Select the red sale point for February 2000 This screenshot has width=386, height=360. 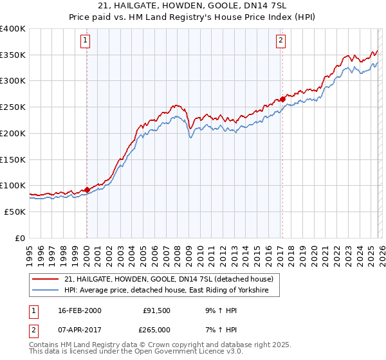[x=87, y=190]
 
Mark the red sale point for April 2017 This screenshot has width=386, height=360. [x=282, y=100]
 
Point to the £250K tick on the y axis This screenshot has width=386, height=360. [x=13, y=107]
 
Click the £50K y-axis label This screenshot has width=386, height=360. [x=14, y=212]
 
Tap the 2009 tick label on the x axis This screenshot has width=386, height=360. [x=189, y=251]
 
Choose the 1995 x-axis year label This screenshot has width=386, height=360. [x=30, y=251]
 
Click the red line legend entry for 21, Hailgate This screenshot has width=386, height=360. [x=169, y=279]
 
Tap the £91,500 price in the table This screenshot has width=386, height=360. [x=156, y=310]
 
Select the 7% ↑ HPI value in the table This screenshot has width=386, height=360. [x=220, y=329]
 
